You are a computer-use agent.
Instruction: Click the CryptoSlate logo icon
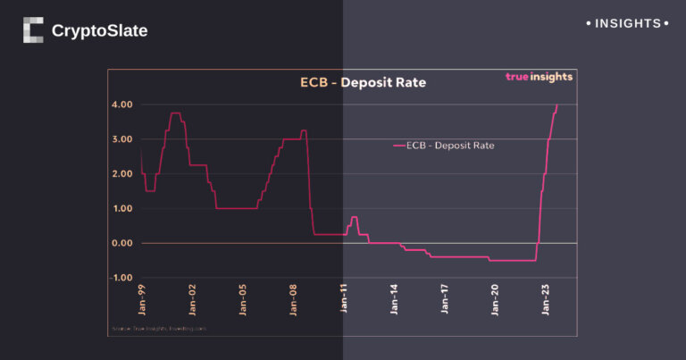click(33, 30)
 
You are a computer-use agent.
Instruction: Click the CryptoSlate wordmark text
click(99, 31)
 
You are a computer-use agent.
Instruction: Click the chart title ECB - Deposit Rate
click(363, 83)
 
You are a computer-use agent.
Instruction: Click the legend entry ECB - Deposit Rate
click(444, 144)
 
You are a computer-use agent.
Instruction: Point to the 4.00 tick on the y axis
click(122, 105)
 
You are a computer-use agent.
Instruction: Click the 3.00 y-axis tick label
click(122, 139)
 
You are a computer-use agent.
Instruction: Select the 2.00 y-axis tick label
click(122, 174)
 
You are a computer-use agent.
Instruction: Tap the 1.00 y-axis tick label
click(122, 209)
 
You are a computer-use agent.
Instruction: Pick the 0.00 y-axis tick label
click(122, 243)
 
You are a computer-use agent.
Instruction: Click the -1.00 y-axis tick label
click(121, 278)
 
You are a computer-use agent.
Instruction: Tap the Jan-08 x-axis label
click(294, 299)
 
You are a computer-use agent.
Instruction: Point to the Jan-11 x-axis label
click(345, 299)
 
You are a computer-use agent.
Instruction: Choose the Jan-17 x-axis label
click(447, 299)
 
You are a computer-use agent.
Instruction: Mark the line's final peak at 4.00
click(557, 105)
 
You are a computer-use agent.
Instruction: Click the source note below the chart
click(159, 329)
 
